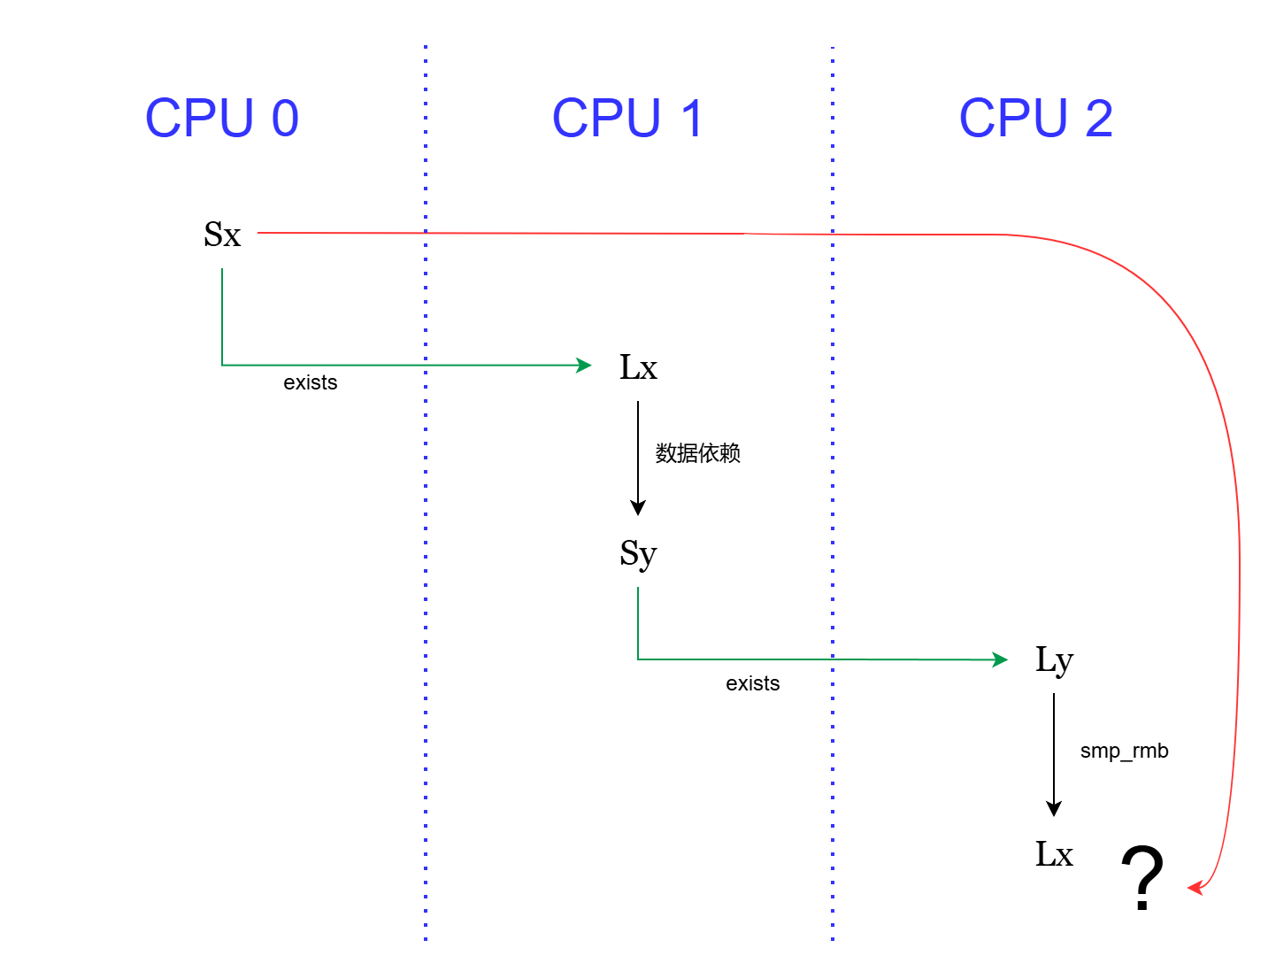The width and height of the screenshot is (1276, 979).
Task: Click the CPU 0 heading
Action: click(x=222, y=118)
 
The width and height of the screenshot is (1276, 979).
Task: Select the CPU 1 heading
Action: click(x=627, y=118)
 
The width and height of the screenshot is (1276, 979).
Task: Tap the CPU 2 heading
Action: click(x=1035, y=118)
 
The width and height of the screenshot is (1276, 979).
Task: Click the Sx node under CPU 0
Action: click(x=222, y=235)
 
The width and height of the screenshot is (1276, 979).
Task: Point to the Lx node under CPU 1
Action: click(x=638, y=367)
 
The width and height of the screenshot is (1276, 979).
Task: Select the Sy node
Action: click(x=638, y=554)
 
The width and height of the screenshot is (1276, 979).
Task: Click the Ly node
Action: click(x=1054, y=660)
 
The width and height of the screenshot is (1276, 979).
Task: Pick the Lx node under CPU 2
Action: click(x=1054, y=855)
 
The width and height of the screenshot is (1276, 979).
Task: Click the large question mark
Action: click(x=1142, y=878)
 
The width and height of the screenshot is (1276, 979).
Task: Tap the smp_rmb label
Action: click(x=1124, y=752)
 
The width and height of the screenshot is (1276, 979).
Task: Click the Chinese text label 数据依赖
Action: click(x=697, y=453)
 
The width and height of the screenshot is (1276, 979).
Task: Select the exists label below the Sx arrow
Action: click(x=311, y=382)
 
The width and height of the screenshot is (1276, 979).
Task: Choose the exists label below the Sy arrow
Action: click(x=753, y=683)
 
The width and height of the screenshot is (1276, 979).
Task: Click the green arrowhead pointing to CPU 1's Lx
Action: click(x=584, y=365)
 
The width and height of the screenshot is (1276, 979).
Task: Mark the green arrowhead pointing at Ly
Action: click(x=1000, y=659)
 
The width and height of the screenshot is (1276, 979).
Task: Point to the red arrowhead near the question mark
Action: click(x=1195, y=887)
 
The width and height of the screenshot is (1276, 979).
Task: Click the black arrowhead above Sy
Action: click(x=638, y=507)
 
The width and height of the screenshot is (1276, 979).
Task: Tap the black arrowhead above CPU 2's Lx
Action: click(x=1054, y=808)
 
